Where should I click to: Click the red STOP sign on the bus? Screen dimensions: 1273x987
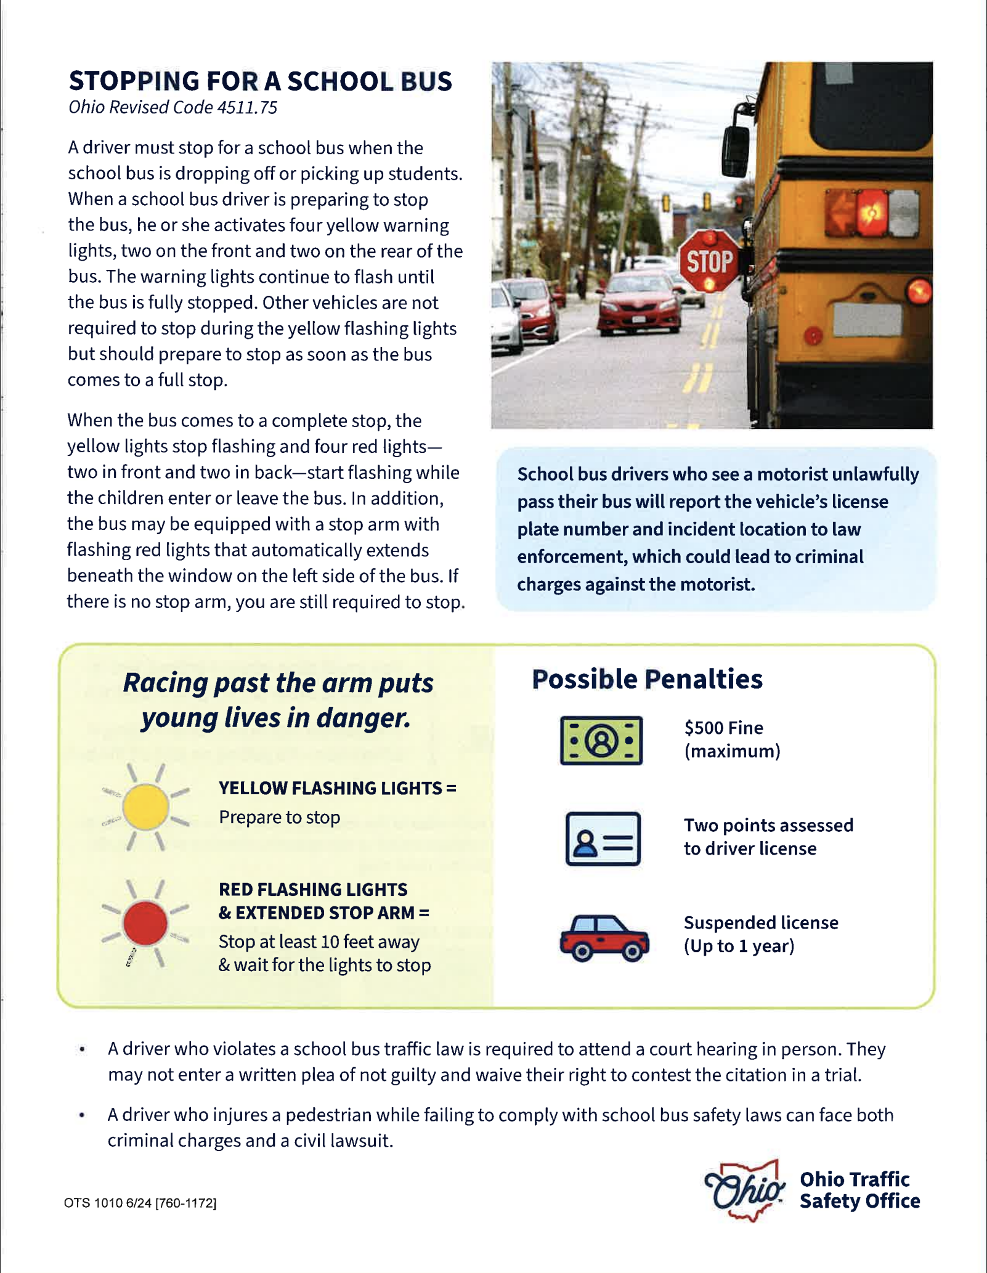pyautogui.click(x=710, y=261)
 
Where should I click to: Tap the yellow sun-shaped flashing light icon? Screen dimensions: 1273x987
pyautogui.click(x=145, y=807)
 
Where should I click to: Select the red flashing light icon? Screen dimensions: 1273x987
pyautogui.click(x=145, y=923)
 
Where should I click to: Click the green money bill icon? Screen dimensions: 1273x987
pyautogui.click(x=601, y=740)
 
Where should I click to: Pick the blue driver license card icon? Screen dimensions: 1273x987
pyautogui.click(x=603, y=838)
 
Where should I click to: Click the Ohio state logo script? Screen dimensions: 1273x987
pyautogui.click(x=744, y=1190)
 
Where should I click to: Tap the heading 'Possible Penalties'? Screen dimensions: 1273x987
pyautogui.click(x=647, y=679)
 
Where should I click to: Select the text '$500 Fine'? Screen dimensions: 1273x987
pyautogui.click(x=723, y=728)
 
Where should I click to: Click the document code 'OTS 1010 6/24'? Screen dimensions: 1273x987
pyautogui.click(x=108, y=1203)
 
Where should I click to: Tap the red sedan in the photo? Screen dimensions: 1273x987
pyautogui.click(x=640, y=302)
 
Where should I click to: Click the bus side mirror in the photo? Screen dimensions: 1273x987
pyautogui.click(x=736, y=148)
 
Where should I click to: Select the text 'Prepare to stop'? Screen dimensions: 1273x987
pyautogui.click(x=279, y=817)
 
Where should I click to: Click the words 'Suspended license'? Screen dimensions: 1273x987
pyautogui.click(x=761, y=922)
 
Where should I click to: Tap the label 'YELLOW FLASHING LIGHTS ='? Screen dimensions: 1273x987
pyautogui.click(x=338, y=788)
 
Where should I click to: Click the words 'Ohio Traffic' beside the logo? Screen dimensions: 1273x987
pyautogui.click(x=855, y=1179)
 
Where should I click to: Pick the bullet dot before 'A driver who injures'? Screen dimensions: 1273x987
pyautogui.click(x=82, y=1115)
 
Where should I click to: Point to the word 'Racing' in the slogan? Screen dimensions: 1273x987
pyautogui.click(x=165, y=683)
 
